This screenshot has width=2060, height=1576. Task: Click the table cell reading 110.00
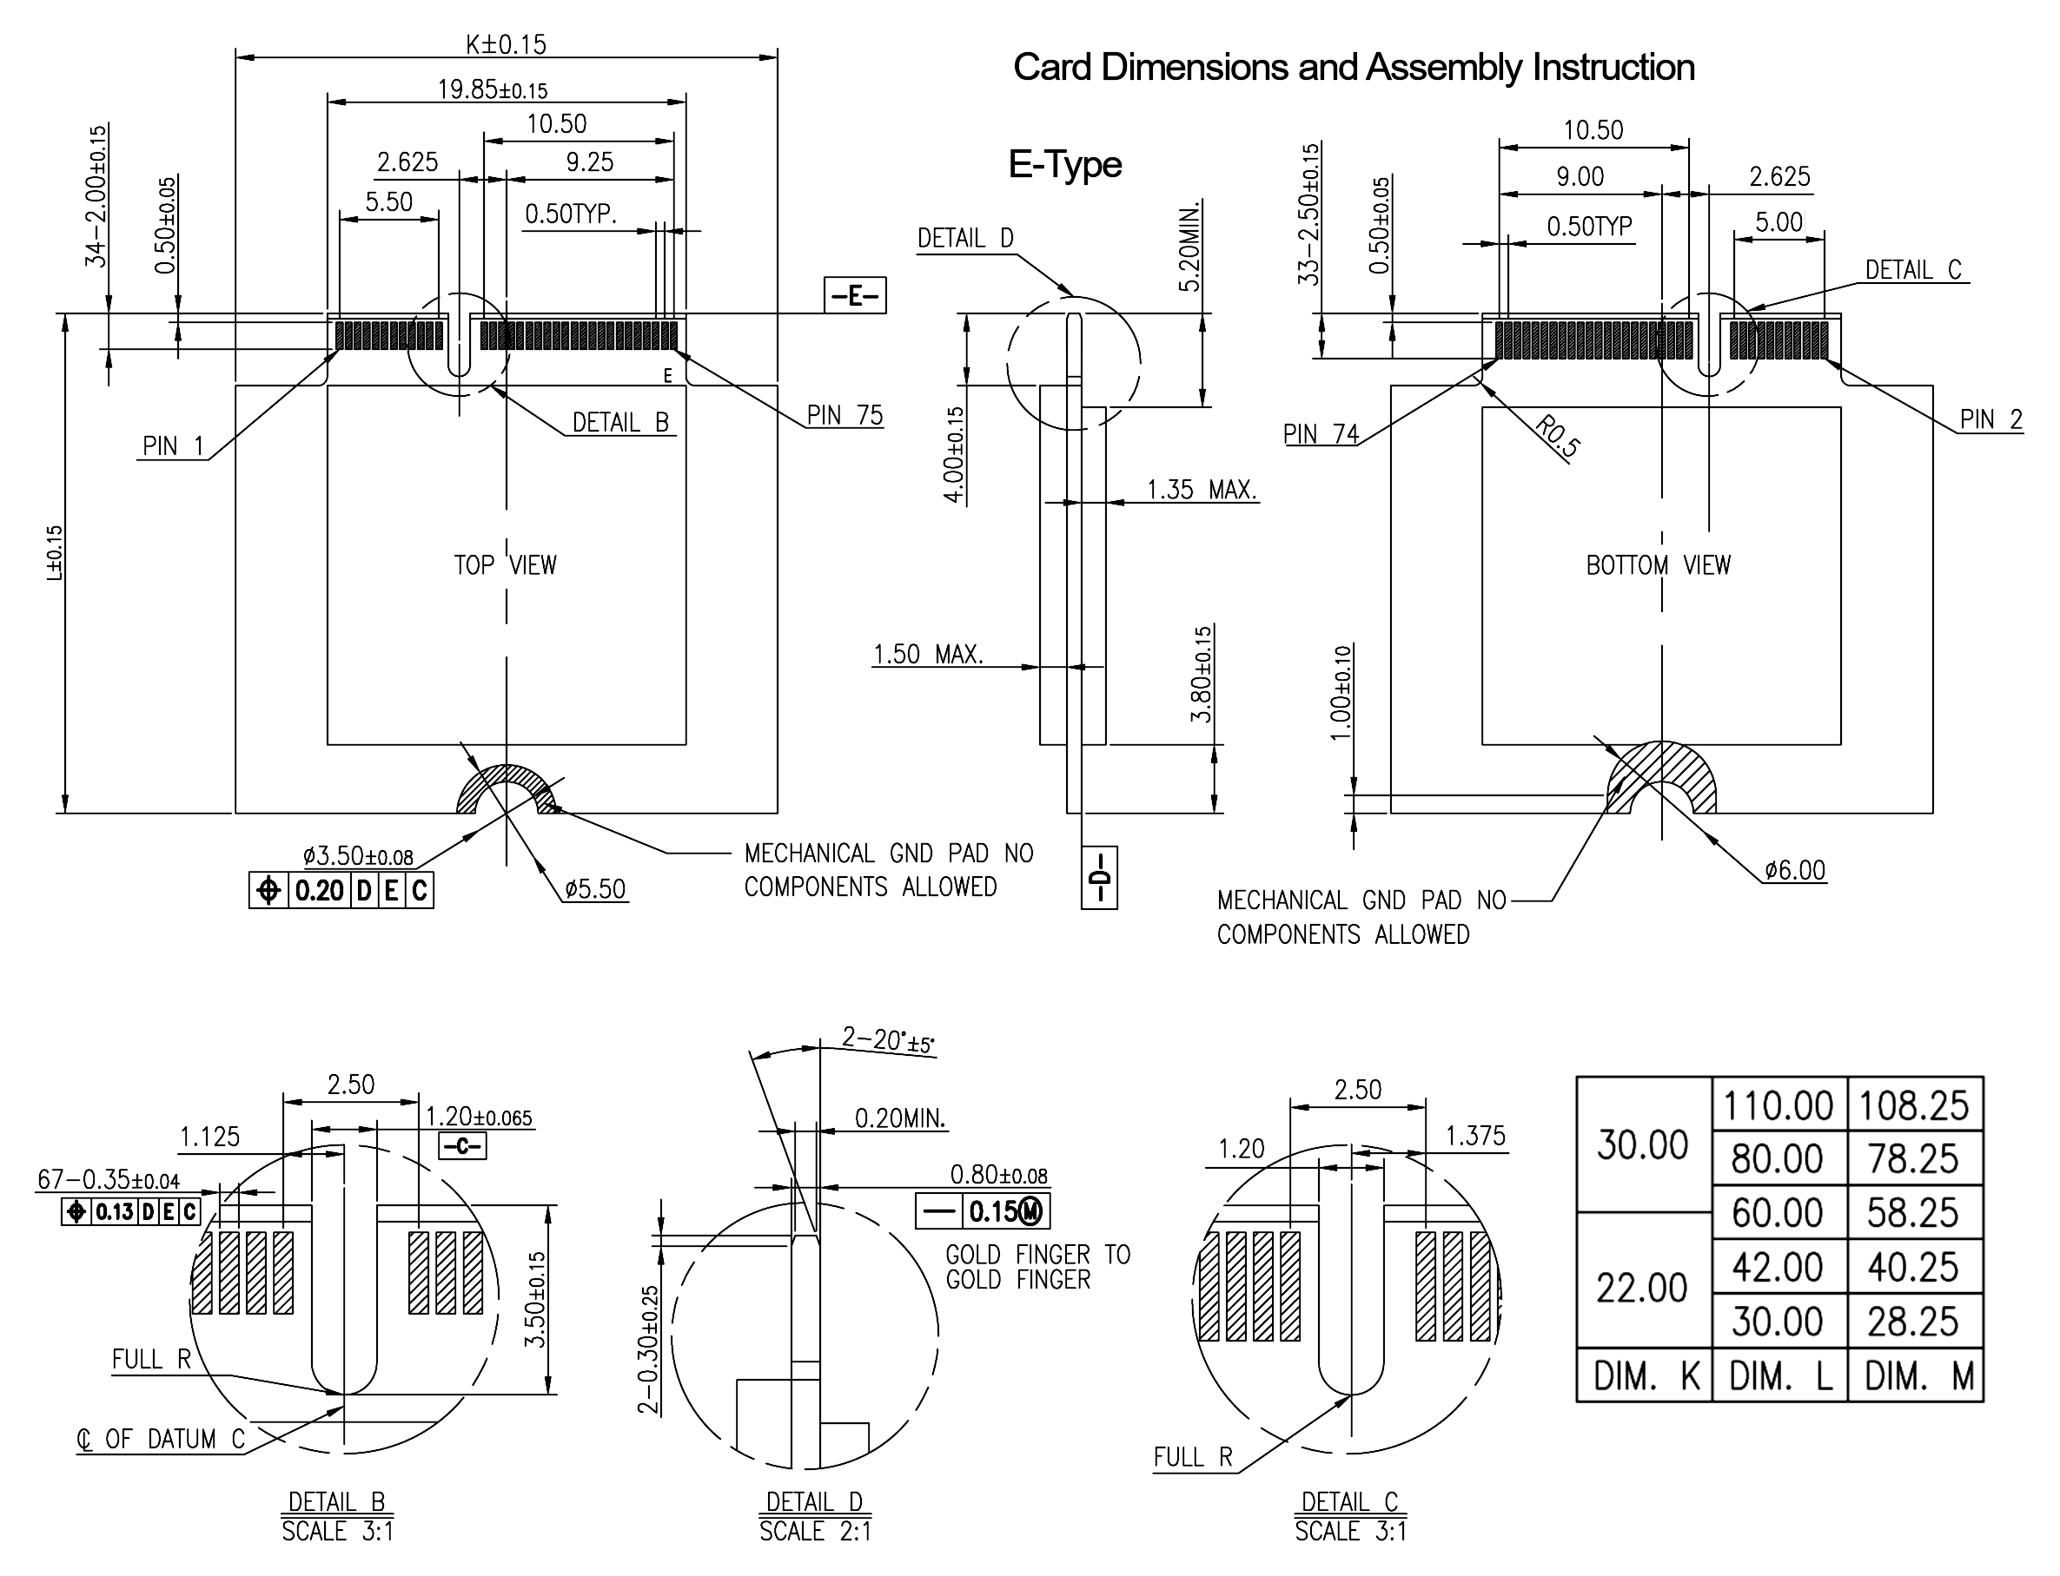[x=1778, y=1106]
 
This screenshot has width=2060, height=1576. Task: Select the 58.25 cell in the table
[x=1912, y=1213]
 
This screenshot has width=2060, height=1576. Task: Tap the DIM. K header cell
[x=1646, y=1377]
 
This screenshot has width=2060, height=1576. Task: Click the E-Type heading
[x=1064, y=165]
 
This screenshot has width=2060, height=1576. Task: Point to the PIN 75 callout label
[x=845, y=416]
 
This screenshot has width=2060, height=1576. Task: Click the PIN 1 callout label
[x=173, y=446]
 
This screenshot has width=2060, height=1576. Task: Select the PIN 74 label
[x=1321, y=434]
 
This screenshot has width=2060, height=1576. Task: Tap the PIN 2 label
[x=1990, y=419]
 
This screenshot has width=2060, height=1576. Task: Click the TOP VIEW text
[x=505, y=565]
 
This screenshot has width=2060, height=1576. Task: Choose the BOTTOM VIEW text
[x=1658, y=565]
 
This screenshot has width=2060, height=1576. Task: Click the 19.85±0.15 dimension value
[x=492, y=90]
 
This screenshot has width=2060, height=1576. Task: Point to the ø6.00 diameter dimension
[x=1794, y=871]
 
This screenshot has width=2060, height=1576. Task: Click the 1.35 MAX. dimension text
[x=1202, y=490]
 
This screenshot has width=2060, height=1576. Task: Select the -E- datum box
[x=854, y=296]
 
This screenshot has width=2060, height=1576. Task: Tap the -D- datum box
[x=1099, y=878]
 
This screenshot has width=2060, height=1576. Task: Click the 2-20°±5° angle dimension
[x=888, y=1040]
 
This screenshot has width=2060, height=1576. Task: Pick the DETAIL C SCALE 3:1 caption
[x=1349, y=1517]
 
